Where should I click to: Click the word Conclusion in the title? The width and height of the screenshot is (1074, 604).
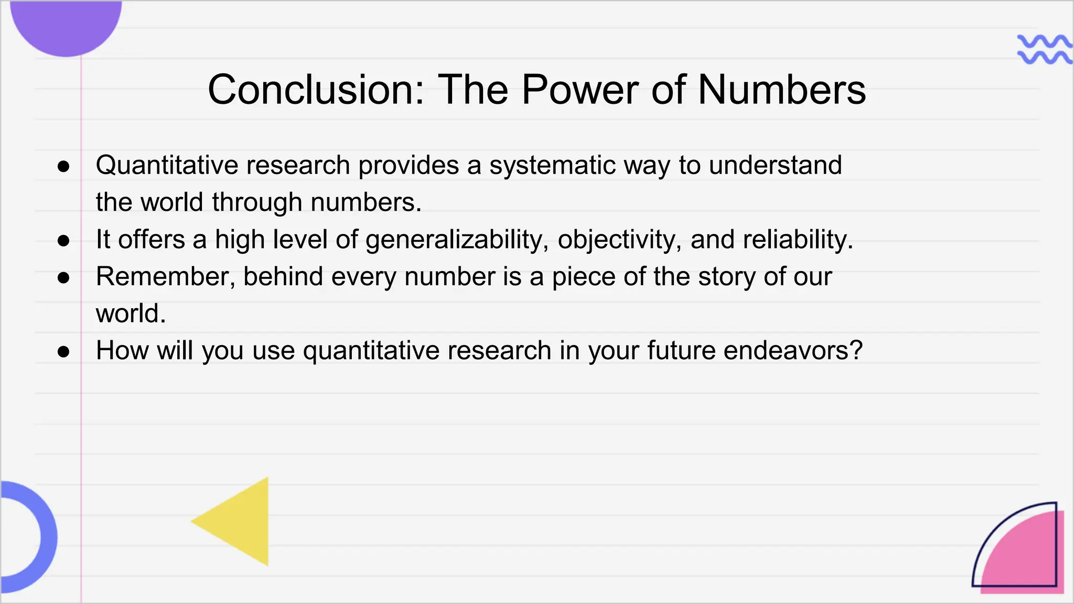click(315, 90)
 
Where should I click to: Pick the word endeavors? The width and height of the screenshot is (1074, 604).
click(793, 350)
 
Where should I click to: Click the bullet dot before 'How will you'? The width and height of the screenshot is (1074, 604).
click(63, 351)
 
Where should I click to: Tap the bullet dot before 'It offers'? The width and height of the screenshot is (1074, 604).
click(63, 241)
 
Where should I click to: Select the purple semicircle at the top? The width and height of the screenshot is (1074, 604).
click(66, 24)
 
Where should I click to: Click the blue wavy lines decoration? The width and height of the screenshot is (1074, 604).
click(1044, 49)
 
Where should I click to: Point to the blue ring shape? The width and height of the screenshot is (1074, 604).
click(45, 537)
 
